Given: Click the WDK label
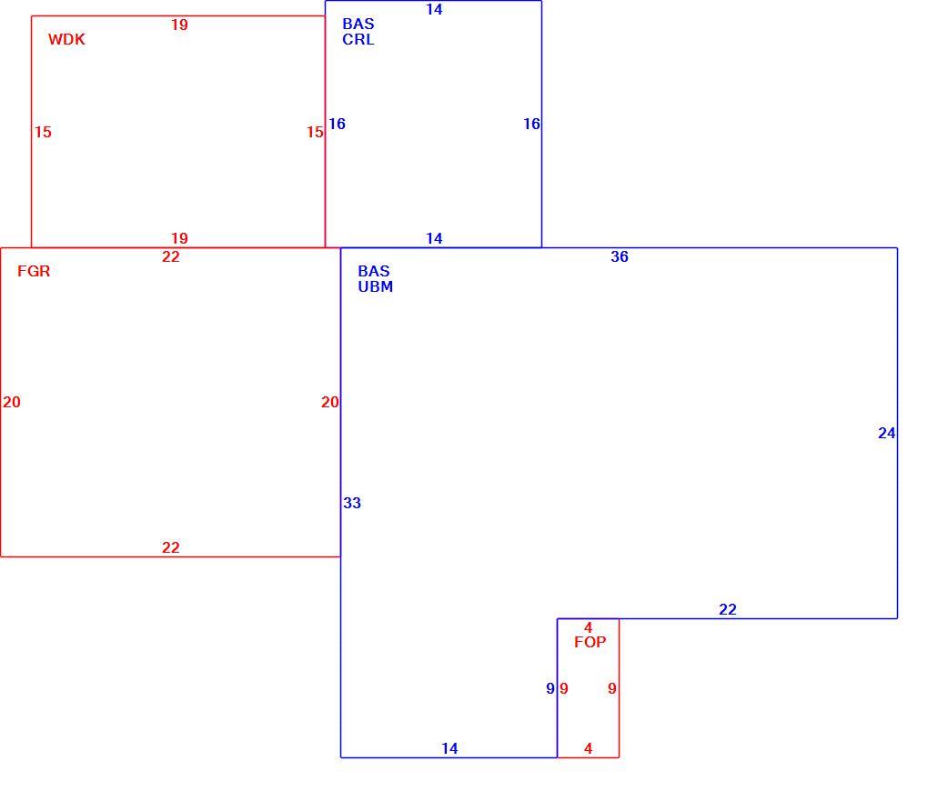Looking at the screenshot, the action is click(66, 40).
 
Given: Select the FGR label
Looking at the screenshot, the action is click(34, 272).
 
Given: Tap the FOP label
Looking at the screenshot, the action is click(590, 643).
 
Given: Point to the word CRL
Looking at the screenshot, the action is click(358, 40).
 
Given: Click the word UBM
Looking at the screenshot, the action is click(375, 287).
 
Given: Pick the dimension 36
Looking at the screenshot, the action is click(620, 256).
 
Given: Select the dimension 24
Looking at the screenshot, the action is click(886, 434).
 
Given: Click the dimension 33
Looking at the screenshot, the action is click(352, 503).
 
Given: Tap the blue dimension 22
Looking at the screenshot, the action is click(728, 610).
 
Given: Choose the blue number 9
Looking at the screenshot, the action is click(550, 688).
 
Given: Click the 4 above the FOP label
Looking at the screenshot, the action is click(589, 627).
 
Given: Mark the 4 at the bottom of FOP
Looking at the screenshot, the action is click(589, 748).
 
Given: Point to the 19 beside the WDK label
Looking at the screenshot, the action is click(179, 25).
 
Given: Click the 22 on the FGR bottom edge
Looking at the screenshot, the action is click(171, 548).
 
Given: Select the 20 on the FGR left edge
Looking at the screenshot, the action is click(12, 402).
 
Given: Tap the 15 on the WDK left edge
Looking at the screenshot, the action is click(43, 132).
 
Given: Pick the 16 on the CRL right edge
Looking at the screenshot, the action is click(531, 125).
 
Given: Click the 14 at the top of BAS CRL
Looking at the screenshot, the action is click(434, 9).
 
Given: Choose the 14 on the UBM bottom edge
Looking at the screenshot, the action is click(449, 748).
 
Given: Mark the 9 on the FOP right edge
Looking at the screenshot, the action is click(612, 688).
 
